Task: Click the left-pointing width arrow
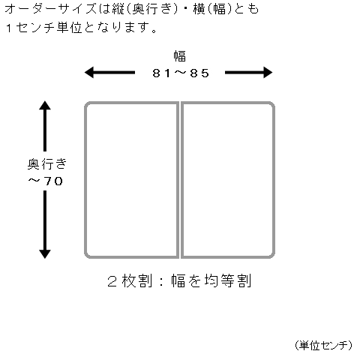(x=109, y=73)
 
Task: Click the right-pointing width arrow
(x=249, y=73)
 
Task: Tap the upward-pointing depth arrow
(x=45, y=126)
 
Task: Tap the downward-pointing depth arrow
(x=45, y=224)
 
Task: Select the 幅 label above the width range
(x=180, y=56)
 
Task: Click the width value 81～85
(x=181, y=73)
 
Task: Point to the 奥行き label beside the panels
(x=47, y=164)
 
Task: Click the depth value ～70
(x=45, y=181)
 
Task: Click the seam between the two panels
(x=180, y=180)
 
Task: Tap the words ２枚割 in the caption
(x=130, y=280)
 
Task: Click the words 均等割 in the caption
(x=227, y=280)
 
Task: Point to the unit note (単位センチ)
(x=323, y=346)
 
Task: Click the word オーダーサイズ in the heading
(x=50, y=10)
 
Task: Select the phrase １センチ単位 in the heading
(x=43, y=28)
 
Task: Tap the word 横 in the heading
(x=199, y=10)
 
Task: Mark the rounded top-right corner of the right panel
(x=271, y=105)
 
